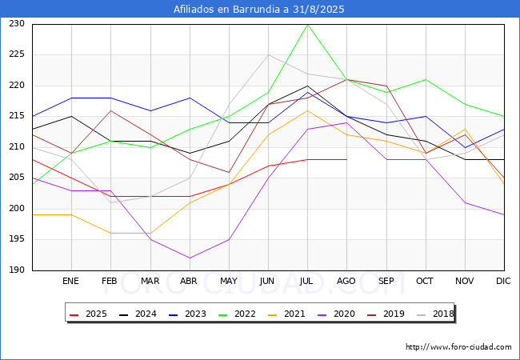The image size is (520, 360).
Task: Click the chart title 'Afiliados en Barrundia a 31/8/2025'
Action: pos(259,10)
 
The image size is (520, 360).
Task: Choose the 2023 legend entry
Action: pos(186,314)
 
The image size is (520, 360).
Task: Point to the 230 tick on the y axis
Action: pos(17,24)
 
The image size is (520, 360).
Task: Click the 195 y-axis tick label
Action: pos(17,239)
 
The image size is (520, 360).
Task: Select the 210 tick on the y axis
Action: pos(17,147)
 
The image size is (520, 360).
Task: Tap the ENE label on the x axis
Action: pos(71,282)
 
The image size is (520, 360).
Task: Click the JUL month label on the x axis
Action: pos(307,282)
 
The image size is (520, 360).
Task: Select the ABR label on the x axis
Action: pos(189,282)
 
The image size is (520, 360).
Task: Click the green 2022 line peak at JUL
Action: pos(307,24)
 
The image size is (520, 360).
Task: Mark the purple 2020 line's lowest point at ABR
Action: pos(189,258)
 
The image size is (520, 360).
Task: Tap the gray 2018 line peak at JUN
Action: pos(268,55)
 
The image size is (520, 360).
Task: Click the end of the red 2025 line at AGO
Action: pos(346,159)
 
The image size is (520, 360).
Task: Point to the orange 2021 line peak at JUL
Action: pos(307,110)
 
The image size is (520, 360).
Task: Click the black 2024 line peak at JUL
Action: pos(307,86)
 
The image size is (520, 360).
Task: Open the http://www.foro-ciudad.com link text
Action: pos(458,347)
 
